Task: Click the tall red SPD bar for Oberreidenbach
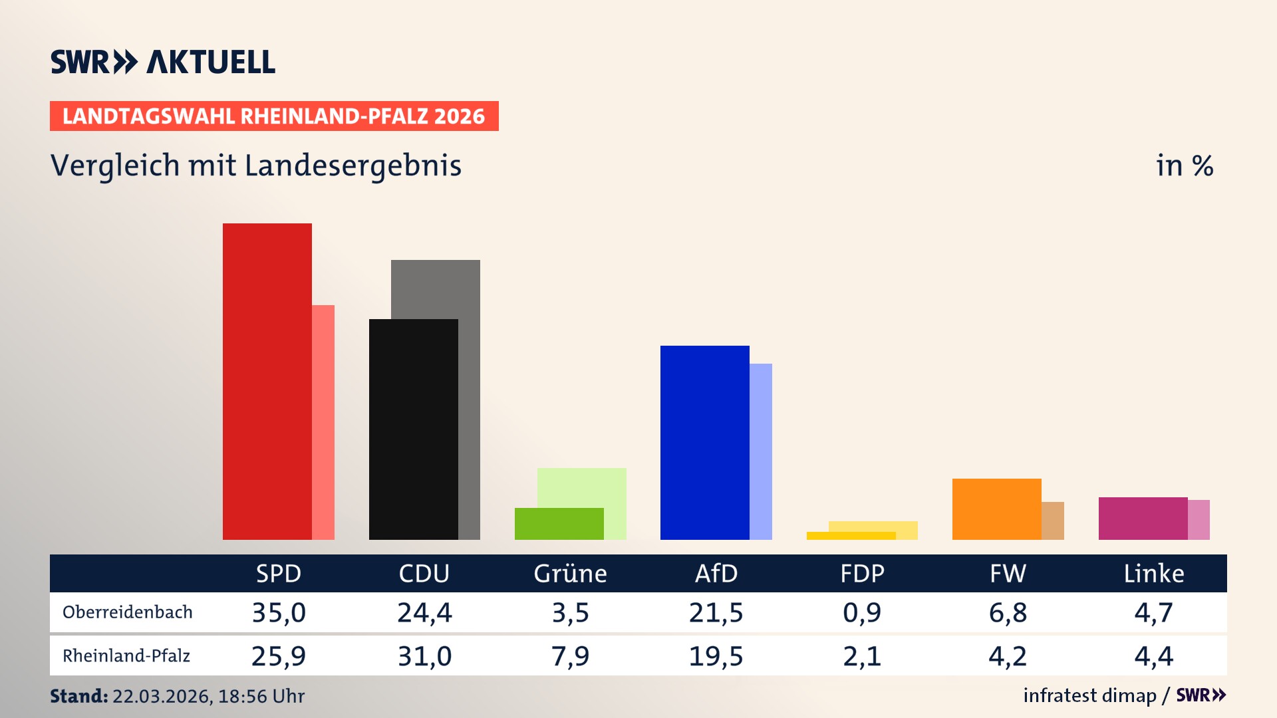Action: (267, 381)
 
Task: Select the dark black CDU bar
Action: (413, 429)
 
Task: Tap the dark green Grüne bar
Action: (559, 524)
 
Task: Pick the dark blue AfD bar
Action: (704, 442)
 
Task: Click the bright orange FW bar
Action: (996, 509)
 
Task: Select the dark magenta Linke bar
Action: (1143, 518)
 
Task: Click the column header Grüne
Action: (570, 574)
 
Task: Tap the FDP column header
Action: (862, 574)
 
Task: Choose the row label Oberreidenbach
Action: (127, 612)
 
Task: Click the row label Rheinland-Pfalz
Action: (126, 656)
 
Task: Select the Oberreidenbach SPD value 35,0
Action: (279, 612)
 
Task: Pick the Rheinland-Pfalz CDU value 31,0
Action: (424, 656)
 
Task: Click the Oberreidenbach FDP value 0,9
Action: (862, 612)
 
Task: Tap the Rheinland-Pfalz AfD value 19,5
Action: (716, 656)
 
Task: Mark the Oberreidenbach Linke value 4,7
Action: (1153, 612)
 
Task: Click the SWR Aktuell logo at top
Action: (162, 62)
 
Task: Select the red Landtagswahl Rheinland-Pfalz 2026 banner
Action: (273, 116)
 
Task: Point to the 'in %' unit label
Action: (1184, 166)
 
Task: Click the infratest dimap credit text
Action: (1089, 695)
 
